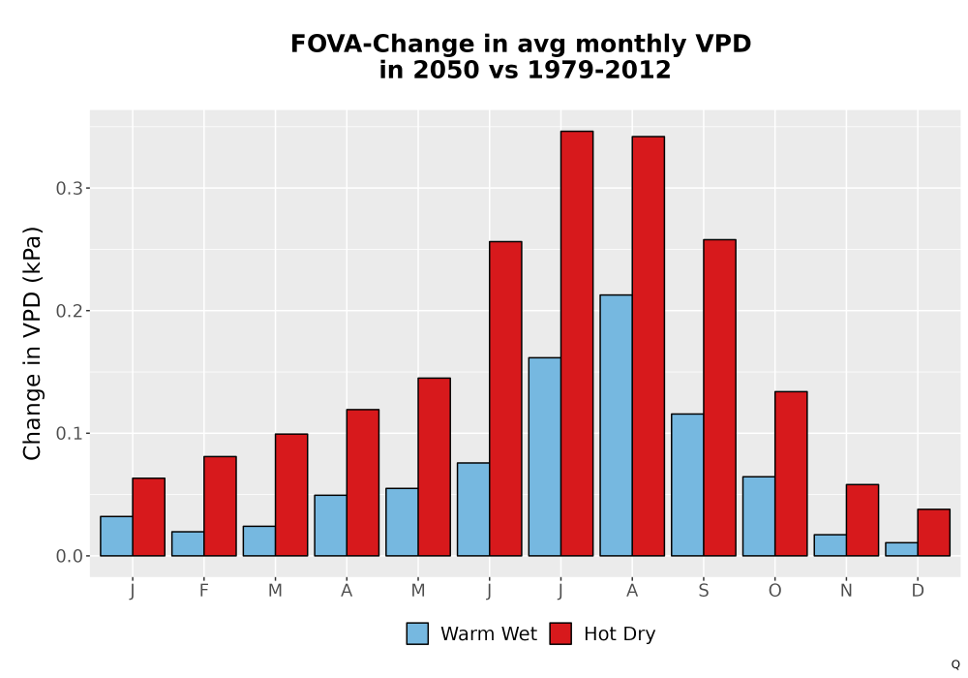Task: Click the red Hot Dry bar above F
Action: click(x=220, y=507)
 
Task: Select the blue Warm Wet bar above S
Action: click(x=687, y=484)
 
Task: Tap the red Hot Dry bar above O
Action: click(x=791, y=474)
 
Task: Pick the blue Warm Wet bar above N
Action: click(x=830, y=545)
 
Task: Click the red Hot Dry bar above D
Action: click(x=933, y=533)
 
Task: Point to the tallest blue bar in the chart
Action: click(x=616, y=425)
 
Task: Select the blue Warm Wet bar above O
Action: click(x=759, y=516)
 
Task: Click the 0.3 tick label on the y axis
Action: click(x=69, y=188)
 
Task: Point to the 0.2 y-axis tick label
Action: click(x=69, y=311)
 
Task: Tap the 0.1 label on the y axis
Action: click(x=69, y=434)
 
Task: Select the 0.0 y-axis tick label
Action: click(x=69, y=556)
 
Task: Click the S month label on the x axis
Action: click(x=703, y=591)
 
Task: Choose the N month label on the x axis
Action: click(x=846, y=591)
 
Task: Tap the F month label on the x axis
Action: click(x=203, y=591)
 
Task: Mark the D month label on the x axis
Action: click(x=918, y=591)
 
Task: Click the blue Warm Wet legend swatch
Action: click(x=417, y=633)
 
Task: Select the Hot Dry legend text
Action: click(x=620, y=634)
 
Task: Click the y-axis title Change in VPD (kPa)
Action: click(x=32, y=343)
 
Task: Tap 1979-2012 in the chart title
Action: click(x=599, y=70)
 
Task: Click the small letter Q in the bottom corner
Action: click(x=955, y=664)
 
